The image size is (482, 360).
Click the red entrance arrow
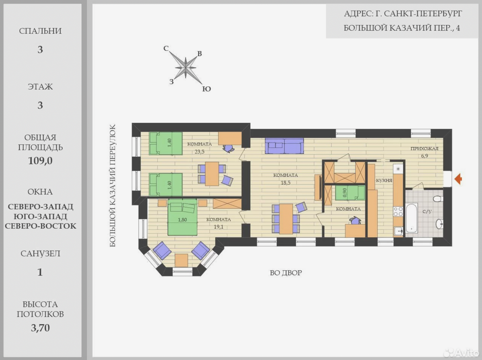pos(458,179)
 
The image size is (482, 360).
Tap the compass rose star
pos(186,68)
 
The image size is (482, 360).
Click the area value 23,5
pos(199,152)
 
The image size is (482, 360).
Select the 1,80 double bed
pos(182,217)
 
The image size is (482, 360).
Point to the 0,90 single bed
pos(350,193)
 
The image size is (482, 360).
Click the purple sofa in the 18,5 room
pos(284,146)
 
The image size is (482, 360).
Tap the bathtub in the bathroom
pos(412,218)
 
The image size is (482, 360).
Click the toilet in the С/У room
pos(438,199)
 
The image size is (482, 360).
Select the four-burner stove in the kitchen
pos(398,211)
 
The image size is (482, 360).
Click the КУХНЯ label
pos(384,181)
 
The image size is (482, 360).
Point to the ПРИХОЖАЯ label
pos(425,148)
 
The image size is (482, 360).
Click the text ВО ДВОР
pos(286,273)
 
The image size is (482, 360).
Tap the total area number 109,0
pos(40,161)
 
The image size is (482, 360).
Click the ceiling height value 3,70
pos(40,328)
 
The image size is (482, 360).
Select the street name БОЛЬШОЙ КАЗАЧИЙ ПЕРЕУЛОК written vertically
pos(112,185)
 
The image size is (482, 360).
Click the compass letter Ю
pos(206,89)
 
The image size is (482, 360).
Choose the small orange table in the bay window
pos(182,260)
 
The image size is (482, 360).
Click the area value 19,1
pos(219,227)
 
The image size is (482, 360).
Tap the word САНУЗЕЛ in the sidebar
pos(40,254)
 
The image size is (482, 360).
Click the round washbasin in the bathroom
pos(439,224)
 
